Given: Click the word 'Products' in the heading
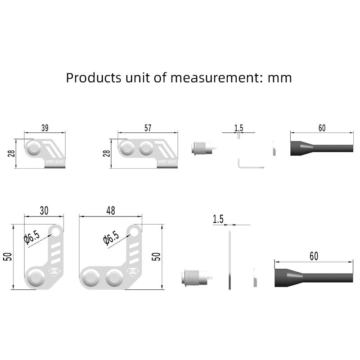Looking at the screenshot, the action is click(94, 77).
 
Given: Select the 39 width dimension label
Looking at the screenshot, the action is click(45, 128).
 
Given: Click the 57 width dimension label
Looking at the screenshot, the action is click(148, 128).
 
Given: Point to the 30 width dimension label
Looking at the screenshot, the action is click(44, 211).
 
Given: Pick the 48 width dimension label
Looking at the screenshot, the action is click(111, 211).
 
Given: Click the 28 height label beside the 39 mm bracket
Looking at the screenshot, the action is click(11, 153).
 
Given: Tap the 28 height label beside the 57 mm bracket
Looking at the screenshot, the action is click(107, 153).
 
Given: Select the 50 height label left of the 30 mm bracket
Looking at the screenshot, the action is click(8, 256).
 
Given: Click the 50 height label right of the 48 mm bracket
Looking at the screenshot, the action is click(156, 256).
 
